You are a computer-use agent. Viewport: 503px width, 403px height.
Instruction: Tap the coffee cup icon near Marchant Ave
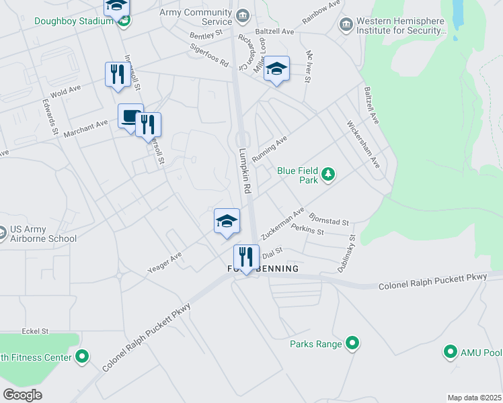pos(130,116)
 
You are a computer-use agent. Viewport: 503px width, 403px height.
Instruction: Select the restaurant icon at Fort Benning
pos(245,257)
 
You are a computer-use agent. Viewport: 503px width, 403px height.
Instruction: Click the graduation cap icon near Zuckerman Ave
pos(227,220)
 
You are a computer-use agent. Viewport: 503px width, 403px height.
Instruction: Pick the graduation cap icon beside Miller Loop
pos(276,69)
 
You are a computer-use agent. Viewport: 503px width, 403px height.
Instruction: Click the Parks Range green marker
pos(351,344)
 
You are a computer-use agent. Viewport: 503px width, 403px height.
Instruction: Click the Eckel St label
pos(36,331)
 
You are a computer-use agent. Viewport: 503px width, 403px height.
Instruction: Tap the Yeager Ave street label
pos(165,263)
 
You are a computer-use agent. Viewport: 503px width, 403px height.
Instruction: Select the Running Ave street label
pos(269,148)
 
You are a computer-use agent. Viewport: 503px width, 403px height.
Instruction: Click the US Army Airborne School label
pos(43,234)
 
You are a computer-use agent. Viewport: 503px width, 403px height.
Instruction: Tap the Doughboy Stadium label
pos(73,21)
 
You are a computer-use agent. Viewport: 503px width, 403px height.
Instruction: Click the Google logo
pos(22,394)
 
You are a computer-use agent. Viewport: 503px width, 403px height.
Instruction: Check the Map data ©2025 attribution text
pos(474,398)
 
